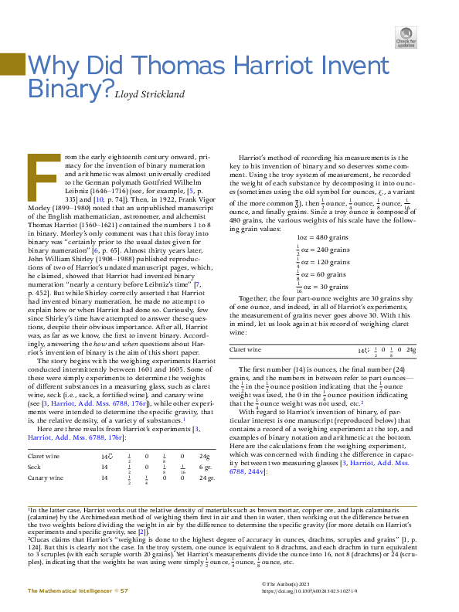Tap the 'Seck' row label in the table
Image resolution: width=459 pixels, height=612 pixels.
pos(35,468)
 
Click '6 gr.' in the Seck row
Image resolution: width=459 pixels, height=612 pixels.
pos(205,468)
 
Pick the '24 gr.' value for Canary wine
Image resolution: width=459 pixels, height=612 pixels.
pos(205,478)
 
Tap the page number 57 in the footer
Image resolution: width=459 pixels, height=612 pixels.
pos(124,590)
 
